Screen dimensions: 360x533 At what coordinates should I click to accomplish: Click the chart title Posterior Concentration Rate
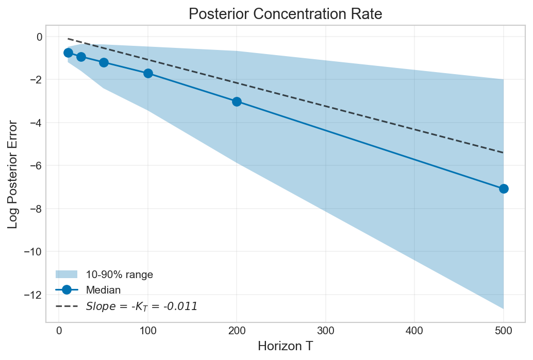coord(285,14)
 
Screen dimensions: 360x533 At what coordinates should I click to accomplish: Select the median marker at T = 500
coord(504,188)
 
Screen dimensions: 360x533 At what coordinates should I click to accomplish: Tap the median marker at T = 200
coord(237,101)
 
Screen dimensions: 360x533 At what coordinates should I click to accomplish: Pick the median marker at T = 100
coord(148,73)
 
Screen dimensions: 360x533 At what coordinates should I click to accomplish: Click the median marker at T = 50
coord(104,62)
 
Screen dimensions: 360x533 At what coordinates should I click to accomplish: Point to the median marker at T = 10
coord(68,53)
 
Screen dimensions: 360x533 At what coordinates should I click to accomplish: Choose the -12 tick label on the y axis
coord(32,295)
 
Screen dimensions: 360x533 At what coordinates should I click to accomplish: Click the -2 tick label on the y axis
coord(35,80)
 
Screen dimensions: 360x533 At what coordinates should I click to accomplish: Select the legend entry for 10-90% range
coord(119,275)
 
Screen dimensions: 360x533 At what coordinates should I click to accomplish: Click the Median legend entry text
coord(103,290)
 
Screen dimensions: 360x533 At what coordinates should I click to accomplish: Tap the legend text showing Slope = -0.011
coord(141,306)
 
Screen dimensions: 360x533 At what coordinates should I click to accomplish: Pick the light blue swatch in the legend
coord(66,275)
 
